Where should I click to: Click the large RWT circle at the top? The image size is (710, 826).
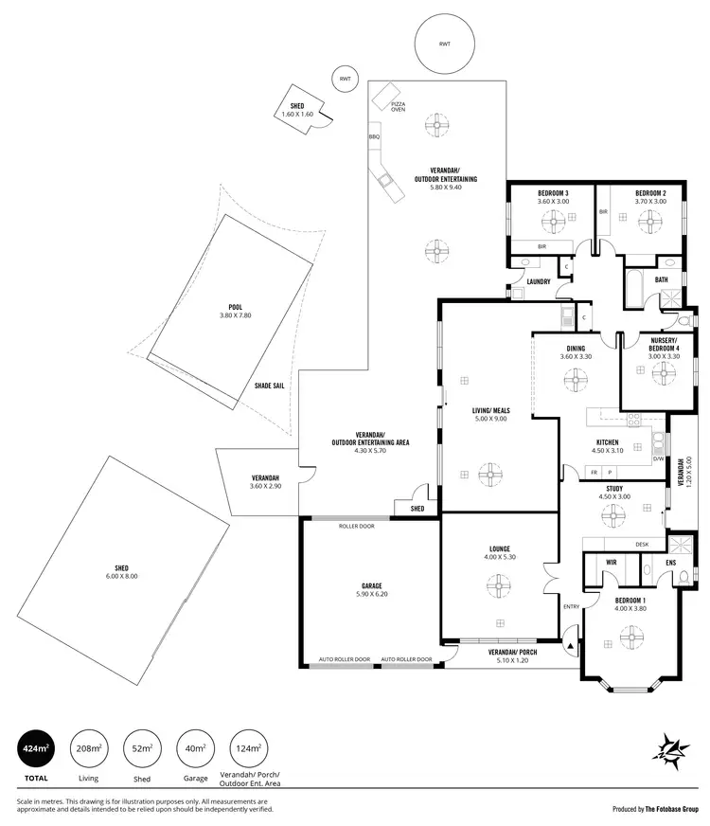click(444, 45)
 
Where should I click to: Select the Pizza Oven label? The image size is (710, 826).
click(399, 106)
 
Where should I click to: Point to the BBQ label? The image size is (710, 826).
click(374, 137)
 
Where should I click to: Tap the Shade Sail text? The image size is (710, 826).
click(270, 386)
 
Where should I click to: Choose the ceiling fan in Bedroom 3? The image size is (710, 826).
click(553, 221)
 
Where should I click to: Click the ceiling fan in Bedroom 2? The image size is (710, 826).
click(650, 221)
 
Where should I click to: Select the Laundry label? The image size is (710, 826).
click(540, 281)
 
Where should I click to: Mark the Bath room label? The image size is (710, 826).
click(661, 279)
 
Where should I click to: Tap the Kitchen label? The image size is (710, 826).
click(607, 443)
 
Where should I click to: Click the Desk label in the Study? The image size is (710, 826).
click(642, 545)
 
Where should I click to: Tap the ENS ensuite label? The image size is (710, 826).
click(670, 563)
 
